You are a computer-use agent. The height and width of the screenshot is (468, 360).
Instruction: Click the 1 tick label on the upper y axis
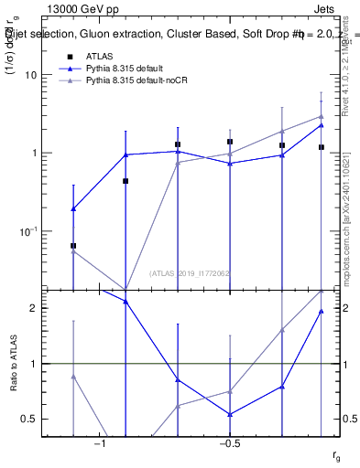35,153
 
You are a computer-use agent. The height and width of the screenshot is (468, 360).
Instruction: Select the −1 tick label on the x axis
102,443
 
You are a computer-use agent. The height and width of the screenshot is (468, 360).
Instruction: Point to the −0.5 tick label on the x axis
229,443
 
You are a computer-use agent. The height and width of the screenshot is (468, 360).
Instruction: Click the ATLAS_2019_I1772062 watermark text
191,273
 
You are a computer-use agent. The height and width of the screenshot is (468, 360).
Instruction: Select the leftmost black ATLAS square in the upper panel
73,246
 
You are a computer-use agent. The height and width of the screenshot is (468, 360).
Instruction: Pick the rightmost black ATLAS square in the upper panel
322,147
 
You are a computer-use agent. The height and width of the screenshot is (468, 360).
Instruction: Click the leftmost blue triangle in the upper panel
73,209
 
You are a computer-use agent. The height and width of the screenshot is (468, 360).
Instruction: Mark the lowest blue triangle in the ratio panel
230,414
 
